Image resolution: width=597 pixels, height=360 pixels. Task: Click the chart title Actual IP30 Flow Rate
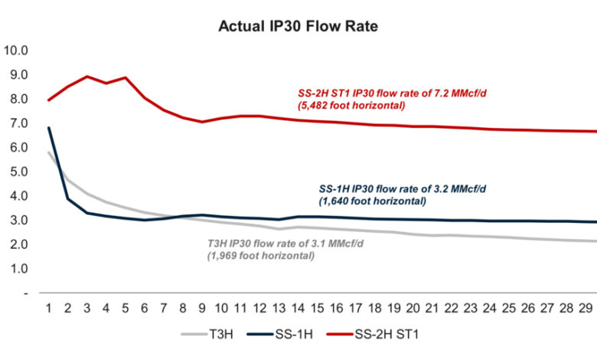(x=298, y=26)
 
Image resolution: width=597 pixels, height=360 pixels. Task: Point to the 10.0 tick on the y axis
(x=16, y=51)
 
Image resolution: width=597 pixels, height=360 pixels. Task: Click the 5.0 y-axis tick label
(x=16, y=172)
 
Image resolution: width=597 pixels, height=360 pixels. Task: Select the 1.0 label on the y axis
(x=16, y=269)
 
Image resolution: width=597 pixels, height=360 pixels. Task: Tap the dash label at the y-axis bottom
(x=25, y=293)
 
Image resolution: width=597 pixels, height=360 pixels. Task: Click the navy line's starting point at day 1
(x=49, y=128)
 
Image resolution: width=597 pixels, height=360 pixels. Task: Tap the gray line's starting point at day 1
(x=49, y=152)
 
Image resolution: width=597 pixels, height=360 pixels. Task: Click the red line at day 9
(x=202, y=122)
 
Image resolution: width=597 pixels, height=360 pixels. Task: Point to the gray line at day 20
(x=413, y=234)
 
